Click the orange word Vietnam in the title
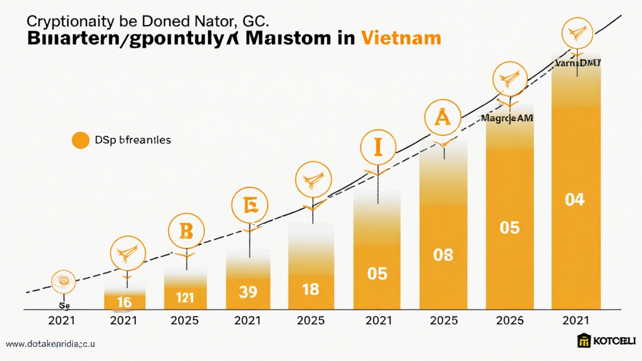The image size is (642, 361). tap(401, 38)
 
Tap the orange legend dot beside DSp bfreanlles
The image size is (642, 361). tap(80, 140)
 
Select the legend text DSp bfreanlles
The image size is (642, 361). tap(133, 140)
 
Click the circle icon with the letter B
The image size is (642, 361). tap(186, 231)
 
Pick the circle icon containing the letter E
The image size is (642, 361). tap(249, 205)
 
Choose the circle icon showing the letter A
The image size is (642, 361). tap(443, 117)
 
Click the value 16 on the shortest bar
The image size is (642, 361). tap(124, 303)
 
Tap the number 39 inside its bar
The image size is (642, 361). tap(249, 292)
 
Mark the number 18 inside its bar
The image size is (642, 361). tap(310, 290)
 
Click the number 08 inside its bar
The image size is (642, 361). tap(443, 254)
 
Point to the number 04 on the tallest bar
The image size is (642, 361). tap(574, 200)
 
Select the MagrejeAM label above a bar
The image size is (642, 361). tap(507, 117)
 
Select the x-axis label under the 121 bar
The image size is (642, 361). tap(185, 320)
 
